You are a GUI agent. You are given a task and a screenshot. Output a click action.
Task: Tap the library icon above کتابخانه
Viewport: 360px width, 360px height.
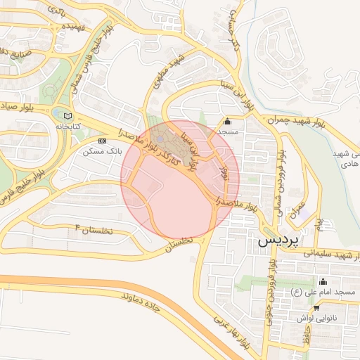[x=67, y=116]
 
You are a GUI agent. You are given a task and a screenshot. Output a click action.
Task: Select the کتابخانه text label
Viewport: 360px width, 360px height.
[x=68, y=126]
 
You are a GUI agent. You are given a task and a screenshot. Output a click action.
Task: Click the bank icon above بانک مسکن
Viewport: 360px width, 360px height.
[x=103, y=141]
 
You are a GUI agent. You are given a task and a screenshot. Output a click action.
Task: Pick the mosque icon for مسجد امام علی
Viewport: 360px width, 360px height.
[x=323, y=282]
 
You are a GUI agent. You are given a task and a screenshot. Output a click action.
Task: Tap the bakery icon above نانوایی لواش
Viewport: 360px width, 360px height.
[x=316, y=308]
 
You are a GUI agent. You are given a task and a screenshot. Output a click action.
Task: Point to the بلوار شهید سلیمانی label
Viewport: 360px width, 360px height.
[x=323, y=254]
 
